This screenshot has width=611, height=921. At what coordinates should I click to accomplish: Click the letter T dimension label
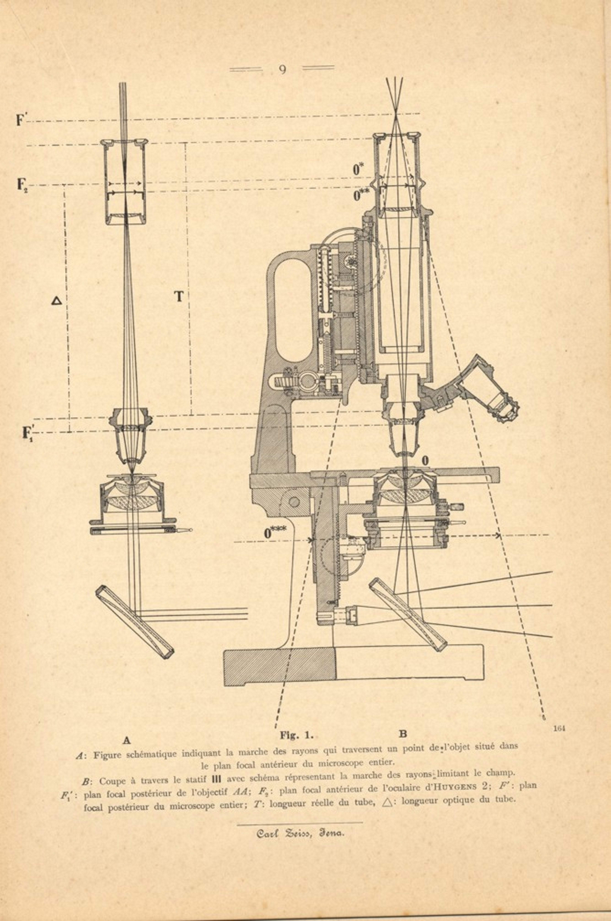[x=178, y=297]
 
